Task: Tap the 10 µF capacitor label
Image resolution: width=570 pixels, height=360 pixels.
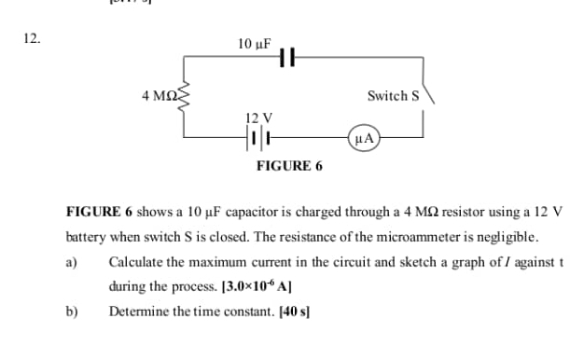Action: [254, 43]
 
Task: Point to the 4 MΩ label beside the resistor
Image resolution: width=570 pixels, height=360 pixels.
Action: [158, 95]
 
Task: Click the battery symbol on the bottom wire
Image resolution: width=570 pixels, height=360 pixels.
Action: [258, 138]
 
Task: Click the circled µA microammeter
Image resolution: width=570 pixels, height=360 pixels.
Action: [364, 138]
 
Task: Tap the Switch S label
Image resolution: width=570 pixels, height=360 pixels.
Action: [395, 95]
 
